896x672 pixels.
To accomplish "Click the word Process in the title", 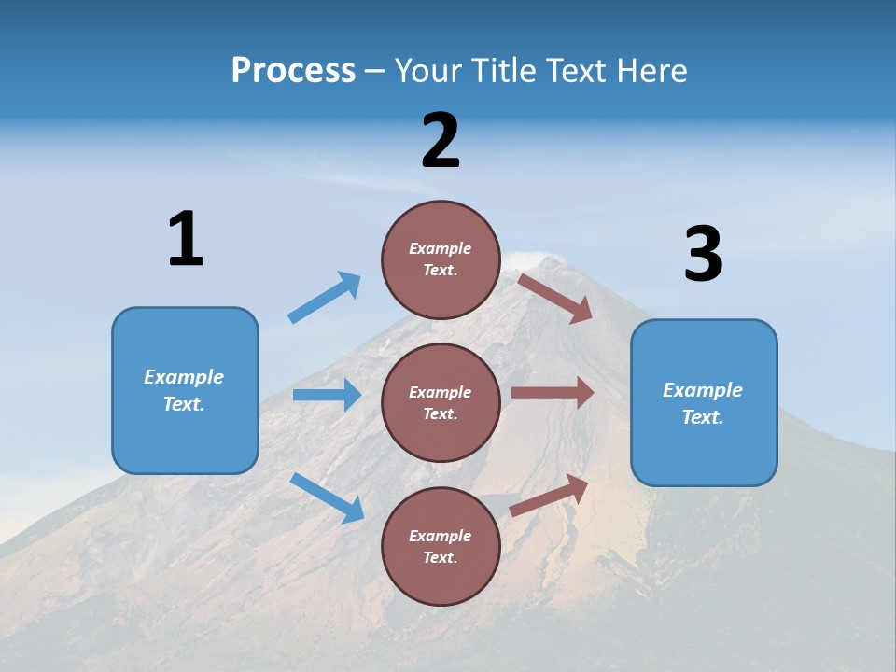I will pyautogui.click(x=293, y=70).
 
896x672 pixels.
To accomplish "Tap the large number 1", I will pyautogui.click(x=185, y=239).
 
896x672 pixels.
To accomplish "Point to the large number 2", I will pyautogui.click(x=441, y=141).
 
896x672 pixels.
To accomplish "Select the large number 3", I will pyautogui.click(x=703, y=254).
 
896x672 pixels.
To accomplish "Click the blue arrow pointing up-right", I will pyautogui.click(x=325, y=298).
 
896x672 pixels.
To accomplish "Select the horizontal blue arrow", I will pyautogui.click(x=327, y=395).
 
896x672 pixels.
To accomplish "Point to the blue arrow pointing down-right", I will pyautogui.click(x=327, y=497).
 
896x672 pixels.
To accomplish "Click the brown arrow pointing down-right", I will pyautogui.click(x=555, y=298).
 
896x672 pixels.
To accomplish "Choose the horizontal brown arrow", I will pyautogui.click(x=553, y=393).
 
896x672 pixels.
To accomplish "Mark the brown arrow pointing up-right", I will pyautogui.click(x=550, y=495).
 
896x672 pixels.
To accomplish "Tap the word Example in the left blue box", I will pyautogui.click(x=184, y=377).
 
